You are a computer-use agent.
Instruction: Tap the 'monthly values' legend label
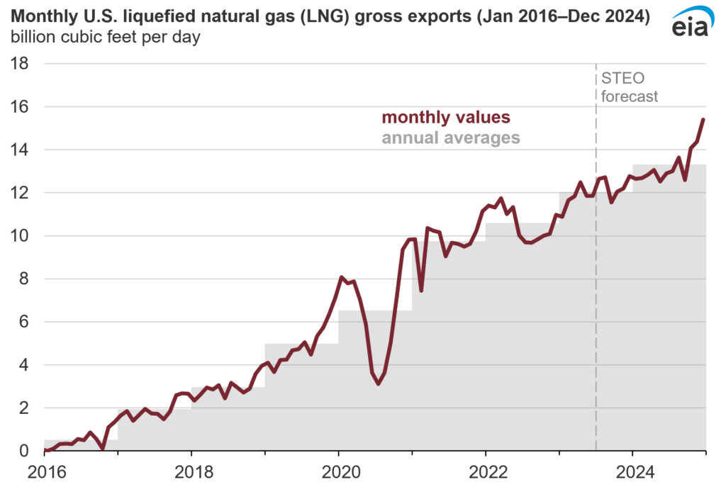(446, 118)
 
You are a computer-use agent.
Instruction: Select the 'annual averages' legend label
(451, 138)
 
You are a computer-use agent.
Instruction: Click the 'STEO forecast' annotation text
(630, 87)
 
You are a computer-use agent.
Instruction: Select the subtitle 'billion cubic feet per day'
(104, 38)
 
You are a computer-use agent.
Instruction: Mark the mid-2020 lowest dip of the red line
(379, 384)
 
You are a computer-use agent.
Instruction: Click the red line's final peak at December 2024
(703, 119)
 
